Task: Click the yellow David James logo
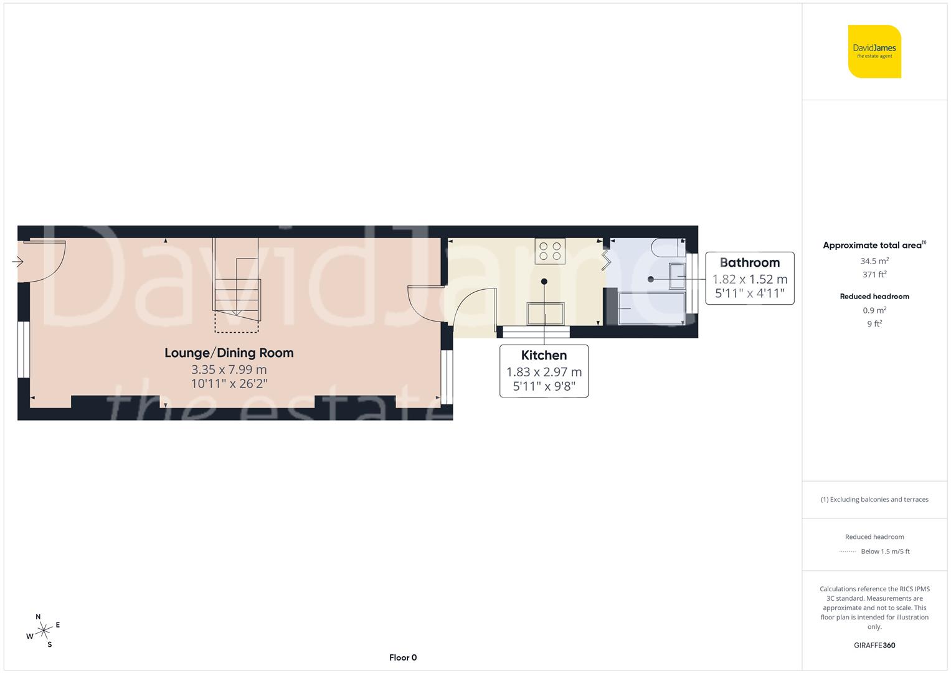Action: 874,52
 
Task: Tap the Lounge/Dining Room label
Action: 229,353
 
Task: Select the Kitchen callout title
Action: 544,355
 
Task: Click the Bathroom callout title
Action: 749,262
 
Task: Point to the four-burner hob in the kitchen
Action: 550,251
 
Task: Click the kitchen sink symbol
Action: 546,313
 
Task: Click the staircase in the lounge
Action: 237,280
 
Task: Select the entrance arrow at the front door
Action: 17,262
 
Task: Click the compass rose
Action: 43,631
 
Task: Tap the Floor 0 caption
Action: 403,657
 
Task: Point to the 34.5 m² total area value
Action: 874,261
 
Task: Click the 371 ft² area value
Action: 874,274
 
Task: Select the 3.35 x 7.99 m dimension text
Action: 229,370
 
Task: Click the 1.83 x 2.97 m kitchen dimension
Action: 544,372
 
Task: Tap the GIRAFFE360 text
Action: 874,645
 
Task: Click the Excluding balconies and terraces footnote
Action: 874,499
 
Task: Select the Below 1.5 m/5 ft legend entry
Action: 884,551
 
